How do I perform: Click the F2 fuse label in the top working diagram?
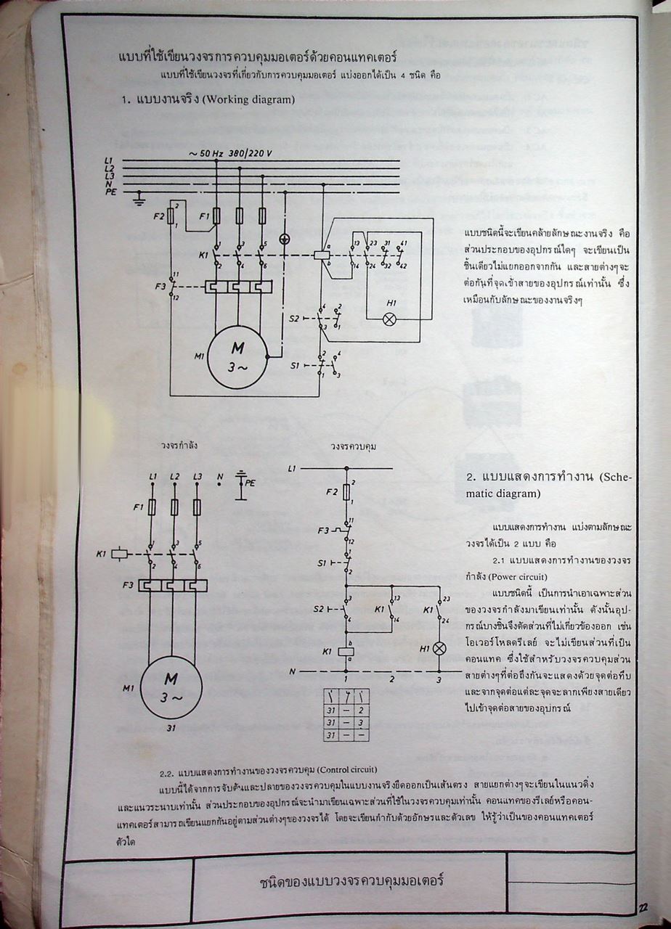[x=159, y=216]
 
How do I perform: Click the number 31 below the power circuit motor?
[x=171, y=728]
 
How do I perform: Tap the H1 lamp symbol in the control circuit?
[x=439, y=647]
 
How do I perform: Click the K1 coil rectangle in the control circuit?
[x=346, y=651]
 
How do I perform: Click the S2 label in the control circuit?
[x=320, y=607]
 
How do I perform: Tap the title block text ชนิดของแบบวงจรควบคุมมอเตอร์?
[x=351, y=883]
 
